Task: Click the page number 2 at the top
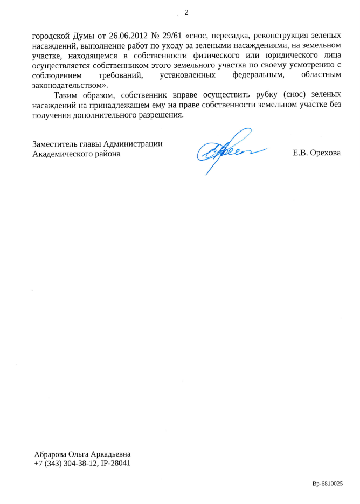point(186,12)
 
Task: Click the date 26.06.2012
point(128,36)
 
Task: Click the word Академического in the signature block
point(60,154)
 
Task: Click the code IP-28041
point(115,463)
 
